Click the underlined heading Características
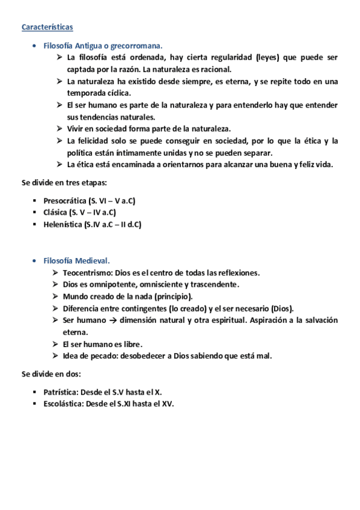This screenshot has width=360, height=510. [47, 27]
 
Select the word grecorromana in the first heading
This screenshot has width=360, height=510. [136, 46]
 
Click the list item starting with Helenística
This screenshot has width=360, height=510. [92, 224]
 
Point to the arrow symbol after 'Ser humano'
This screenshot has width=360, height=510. [112, 321]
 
